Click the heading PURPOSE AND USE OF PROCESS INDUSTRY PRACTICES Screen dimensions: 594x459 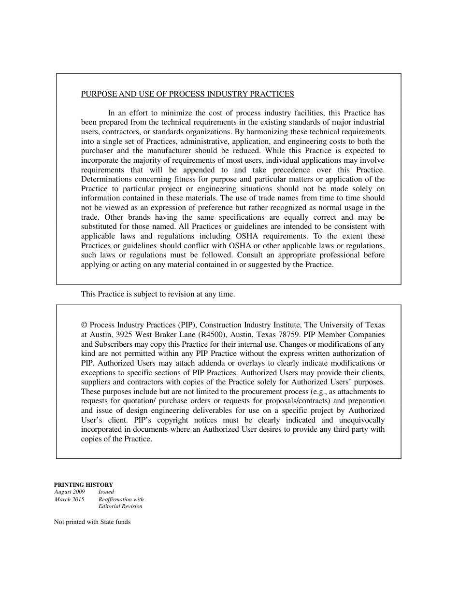pyautogui.click(x=187, y=94)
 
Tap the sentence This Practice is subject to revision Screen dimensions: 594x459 pyautogui.click(x=158, y=294)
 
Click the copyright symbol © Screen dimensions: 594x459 pyautogui.click(x=84, y=325)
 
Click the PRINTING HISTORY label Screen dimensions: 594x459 pyautogui.click(x=83, y=485)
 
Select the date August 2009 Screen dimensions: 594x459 pyautogui.click(x=70, y=492)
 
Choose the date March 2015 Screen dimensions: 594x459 pyautogui.click(x=69, y=499)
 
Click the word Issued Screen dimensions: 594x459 pyautogui.click(x=106, y=492)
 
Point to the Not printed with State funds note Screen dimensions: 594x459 pyautogui.click(x=92, y=522)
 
